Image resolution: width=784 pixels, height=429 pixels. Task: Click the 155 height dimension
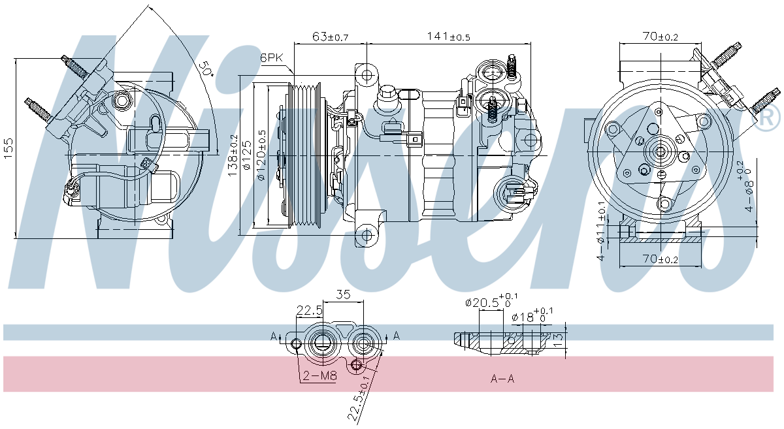pos(7,148)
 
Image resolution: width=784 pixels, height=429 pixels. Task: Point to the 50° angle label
pos(206,69)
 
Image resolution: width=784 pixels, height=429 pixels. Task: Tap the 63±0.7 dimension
pos(330,37)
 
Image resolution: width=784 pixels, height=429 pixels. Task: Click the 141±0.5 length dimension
pos(449,37)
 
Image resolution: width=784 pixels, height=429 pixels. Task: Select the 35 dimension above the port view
pos(344,294)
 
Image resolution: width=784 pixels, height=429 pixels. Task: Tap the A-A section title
pos(502,379)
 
